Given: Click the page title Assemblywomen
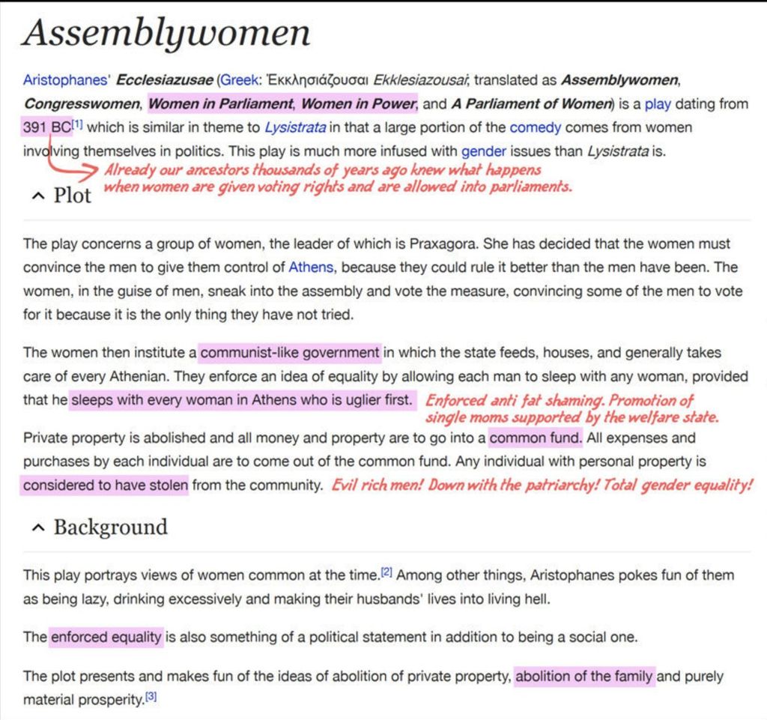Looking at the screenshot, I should pos(166,34).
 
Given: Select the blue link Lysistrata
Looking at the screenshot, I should pos(295,127).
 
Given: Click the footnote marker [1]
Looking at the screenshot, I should pos(78,124).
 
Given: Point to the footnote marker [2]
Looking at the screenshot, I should pos(386,572).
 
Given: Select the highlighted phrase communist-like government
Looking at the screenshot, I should pos(290,352).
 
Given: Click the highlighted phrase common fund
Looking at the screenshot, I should pos(535,438).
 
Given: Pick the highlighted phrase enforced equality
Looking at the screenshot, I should pos(106,638).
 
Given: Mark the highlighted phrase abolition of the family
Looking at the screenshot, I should pos(584,677).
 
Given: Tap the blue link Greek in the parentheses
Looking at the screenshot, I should pos(237,79).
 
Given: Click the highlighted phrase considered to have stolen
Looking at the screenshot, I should pos(105,485).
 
